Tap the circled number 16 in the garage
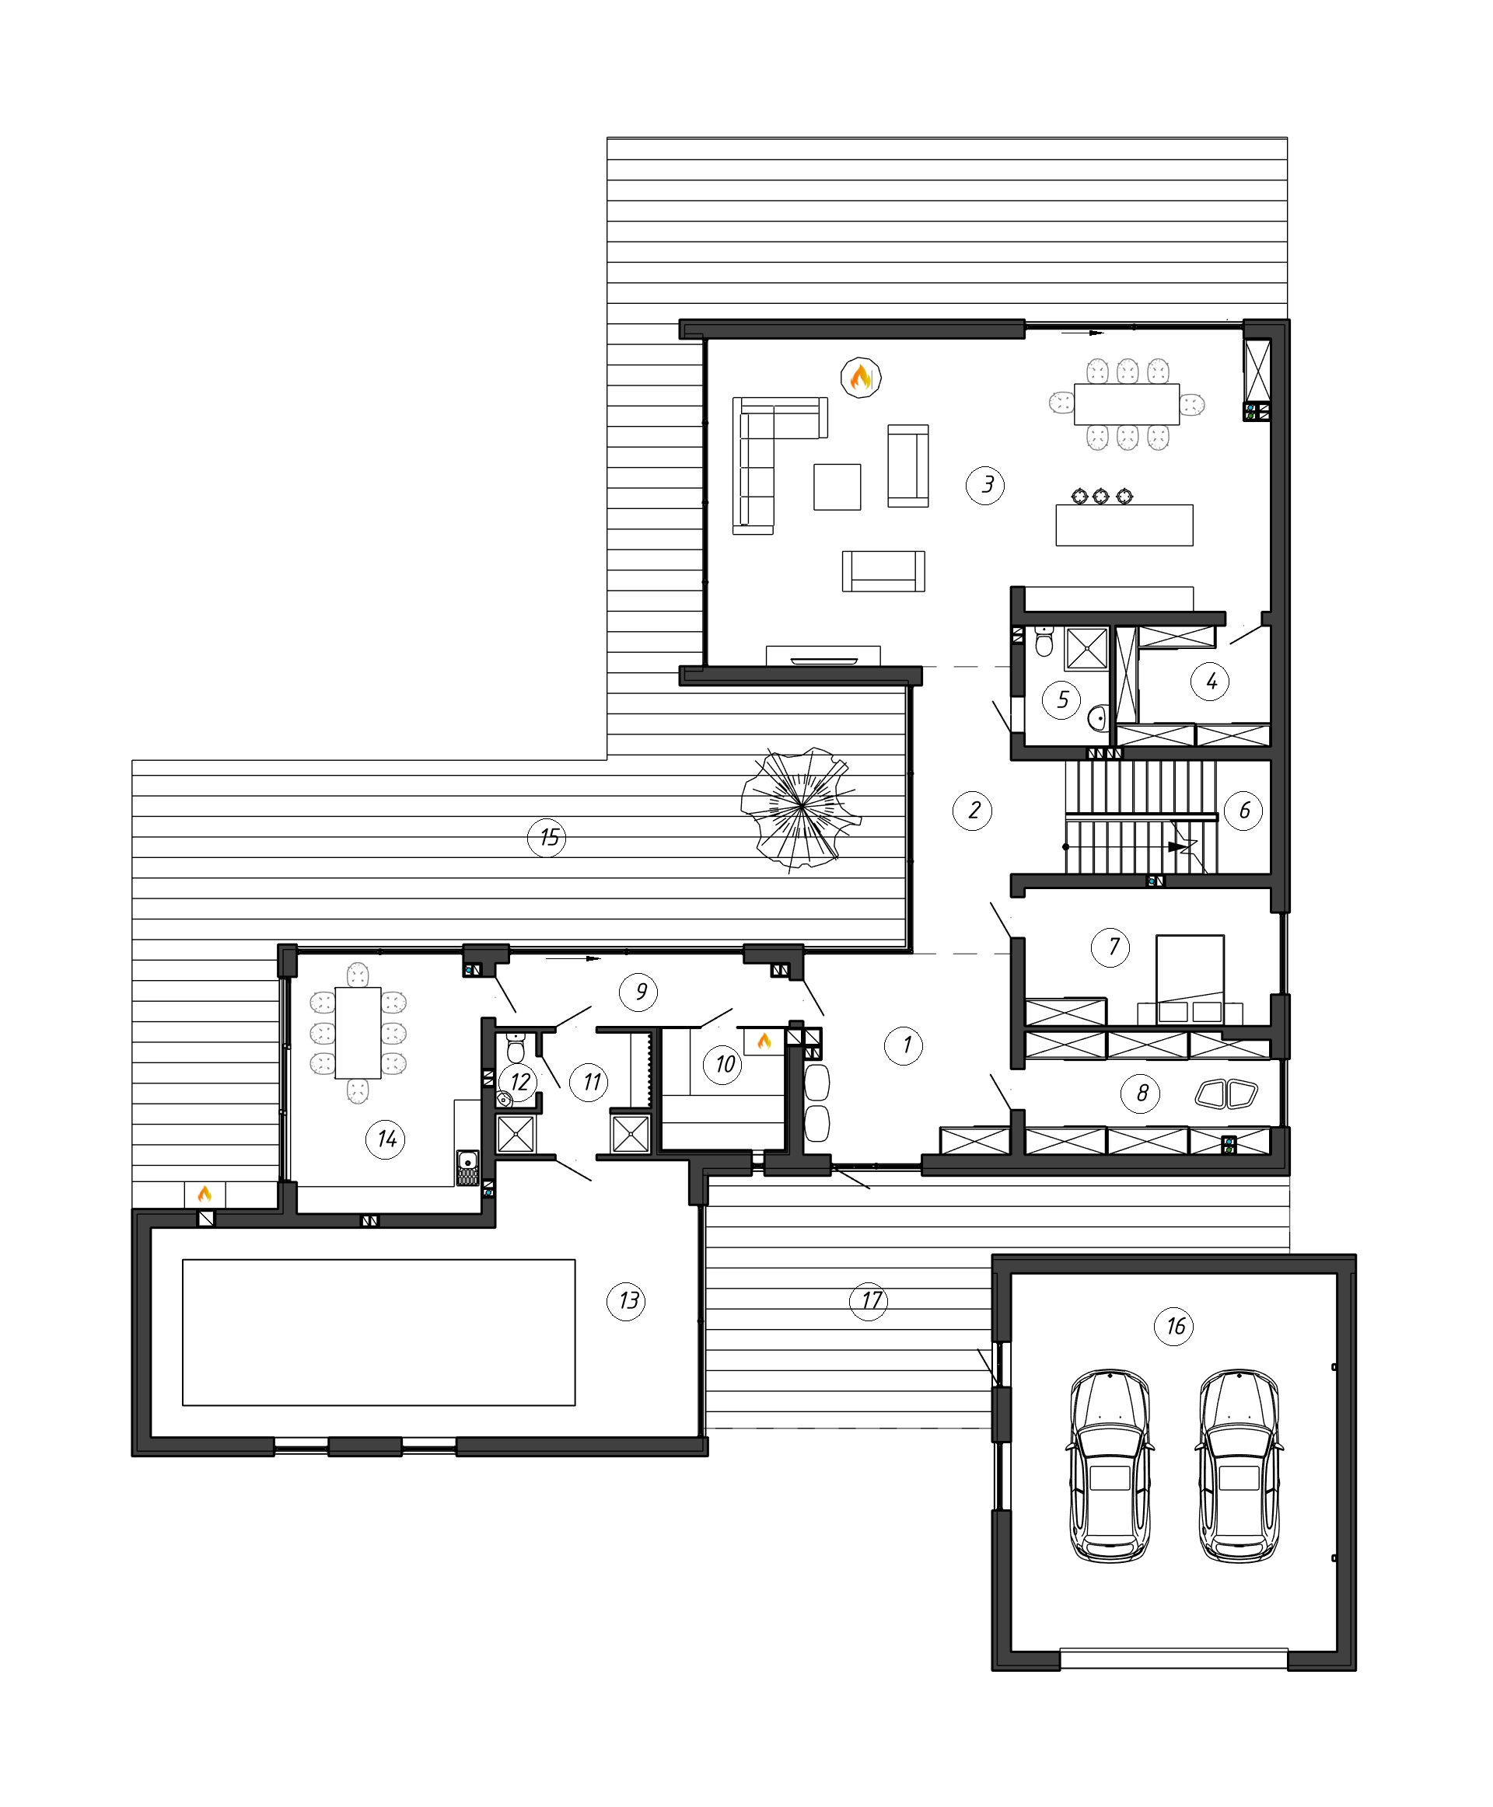[1175, 1327]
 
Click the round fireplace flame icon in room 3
[860, 378]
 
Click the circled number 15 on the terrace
[548, 837]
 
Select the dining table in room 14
[358, 1032]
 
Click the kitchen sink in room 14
[468, 1167]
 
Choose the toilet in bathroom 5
[1044, 641]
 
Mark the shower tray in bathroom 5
[1086, 648]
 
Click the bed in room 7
[1190, 979]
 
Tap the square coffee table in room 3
[837, 487]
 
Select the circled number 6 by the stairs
[1243, 810]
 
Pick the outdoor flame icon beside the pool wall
[205, 1194]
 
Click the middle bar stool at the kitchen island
[1102, 496]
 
